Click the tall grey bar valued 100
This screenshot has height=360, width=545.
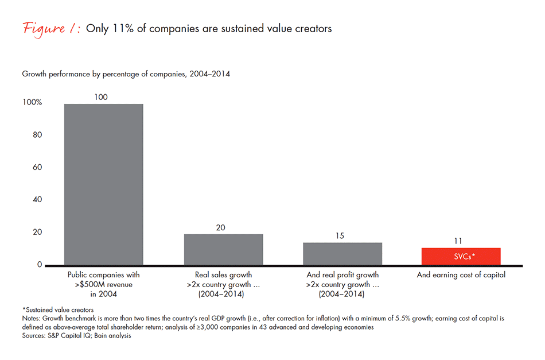click(x=103, y=184)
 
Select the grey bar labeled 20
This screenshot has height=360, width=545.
click(x=223, y=249)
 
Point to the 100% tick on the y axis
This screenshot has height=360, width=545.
click(x=32, y=103)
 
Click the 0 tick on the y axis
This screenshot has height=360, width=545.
click(x=40, y=265)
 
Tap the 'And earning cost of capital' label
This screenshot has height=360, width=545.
click(x=461, y=275)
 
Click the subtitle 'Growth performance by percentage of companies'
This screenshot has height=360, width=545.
click(x=126, y=74)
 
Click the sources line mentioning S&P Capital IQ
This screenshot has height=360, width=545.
click(x=76, y=335)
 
